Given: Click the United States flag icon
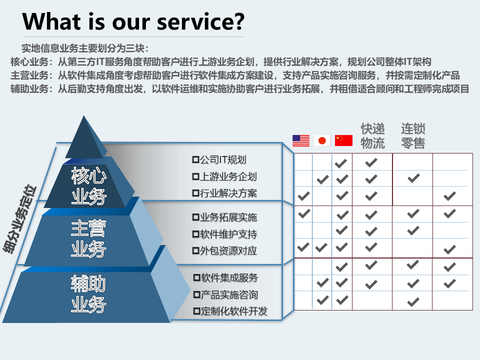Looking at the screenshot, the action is pyautogui.click(x=301, y=140).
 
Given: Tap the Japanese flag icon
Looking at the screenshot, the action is pyautogui.click(x=322, y=140).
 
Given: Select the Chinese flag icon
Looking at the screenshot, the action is pyautogui.click(x=343, y=140).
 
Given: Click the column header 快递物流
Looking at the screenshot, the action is pyautogui.click(x=372, y=136).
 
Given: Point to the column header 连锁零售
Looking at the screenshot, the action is pyautogui.click(x=413, y=136).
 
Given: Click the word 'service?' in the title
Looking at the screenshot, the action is pyautogui.click(x=201, y=21).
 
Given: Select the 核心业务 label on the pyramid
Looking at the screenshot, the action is pyautogui.click(x=89, y=186).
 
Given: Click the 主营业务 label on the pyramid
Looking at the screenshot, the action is pyautogui.click(x=89, y=239).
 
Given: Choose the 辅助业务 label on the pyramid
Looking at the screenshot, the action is pyautogui.click(x=89, y=294).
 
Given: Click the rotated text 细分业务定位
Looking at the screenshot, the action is pyautogui.click(x=19, y=219).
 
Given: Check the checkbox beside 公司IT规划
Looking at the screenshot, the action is pyautogui.click(x=195, y=159).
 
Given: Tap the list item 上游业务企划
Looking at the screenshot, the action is pyautogui.click(x=224, y=176).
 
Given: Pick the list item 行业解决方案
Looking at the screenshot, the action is pyautogui.click(x=224, y=193).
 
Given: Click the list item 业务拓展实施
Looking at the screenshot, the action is pyautogui.click(x=224, y=217).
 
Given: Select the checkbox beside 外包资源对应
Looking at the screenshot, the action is pyautogui.click(x=195, y=250).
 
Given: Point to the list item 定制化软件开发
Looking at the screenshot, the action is pyautogui.click(x=231, y=311).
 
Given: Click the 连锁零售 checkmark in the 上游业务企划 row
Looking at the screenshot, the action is pyautogui.click(x=413, y=178).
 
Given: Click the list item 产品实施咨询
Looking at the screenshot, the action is pyautogui.click(x=226, y=295).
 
